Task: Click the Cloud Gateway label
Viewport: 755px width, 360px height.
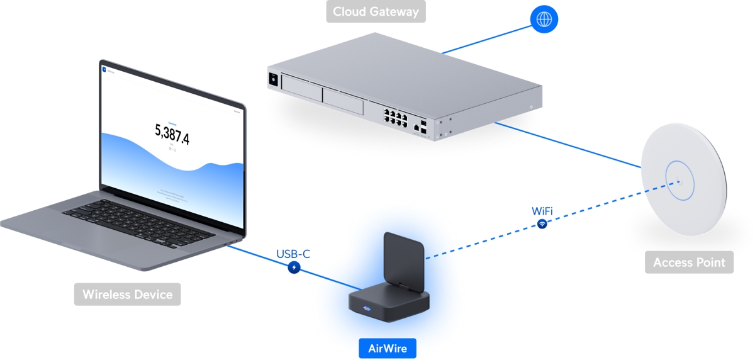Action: (376, 11)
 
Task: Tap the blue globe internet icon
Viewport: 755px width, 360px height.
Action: (544, 19)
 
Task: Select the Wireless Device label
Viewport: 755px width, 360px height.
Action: (127, 294)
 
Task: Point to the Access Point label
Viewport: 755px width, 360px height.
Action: (689, 262)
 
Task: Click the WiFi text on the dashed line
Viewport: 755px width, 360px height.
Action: (542, 210)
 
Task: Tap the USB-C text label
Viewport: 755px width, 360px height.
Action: (293, 254)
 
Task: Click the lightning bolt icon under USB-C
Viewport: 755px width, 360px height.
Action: (294, 267)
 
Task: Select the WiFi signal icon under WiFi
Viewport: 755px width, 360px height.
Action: (542, 223)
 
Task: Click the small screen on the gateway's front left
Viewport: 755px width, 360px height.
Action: (274, 80)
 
